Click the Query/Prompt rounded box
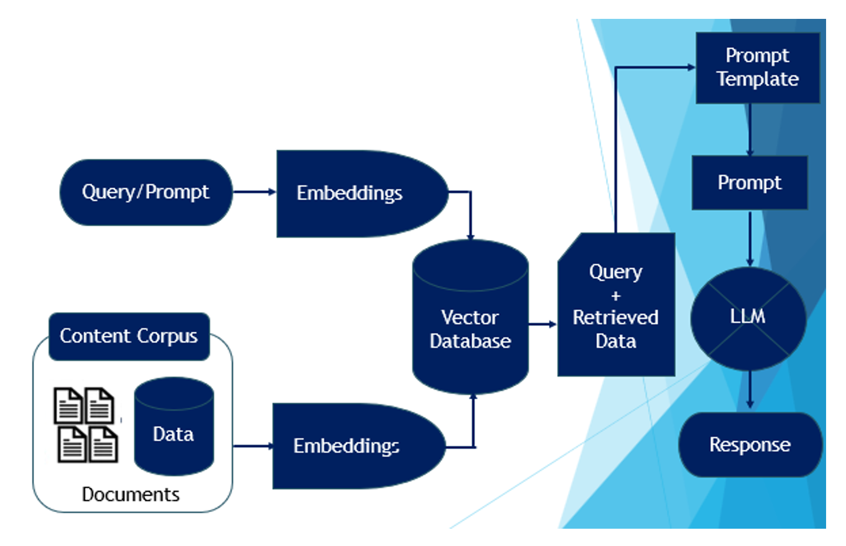[146, 192]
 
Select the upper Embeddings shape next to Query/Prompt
[356, 193]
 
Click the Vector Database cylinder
[470, 325]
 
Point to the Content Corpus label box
[129, 336]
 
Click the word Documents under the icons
[131, 494]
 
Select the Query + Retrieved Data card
[616, 307]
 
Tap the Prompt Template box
[757, 67]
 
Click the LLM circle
[748, 317]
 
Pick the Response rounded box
[750, 444]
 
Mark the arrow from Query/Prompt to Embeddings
[254, 192]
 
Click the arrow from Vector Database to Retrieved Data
[542, 324]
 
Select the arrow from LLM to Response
[750, 389]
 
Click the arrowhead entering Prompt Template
[690, 67]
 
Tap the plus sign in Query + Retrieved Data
[616, 296]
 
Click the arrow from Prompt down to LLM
[750, 238]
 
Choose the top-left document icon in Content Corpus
[68, 406]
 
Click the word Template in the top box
[757, 79]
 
